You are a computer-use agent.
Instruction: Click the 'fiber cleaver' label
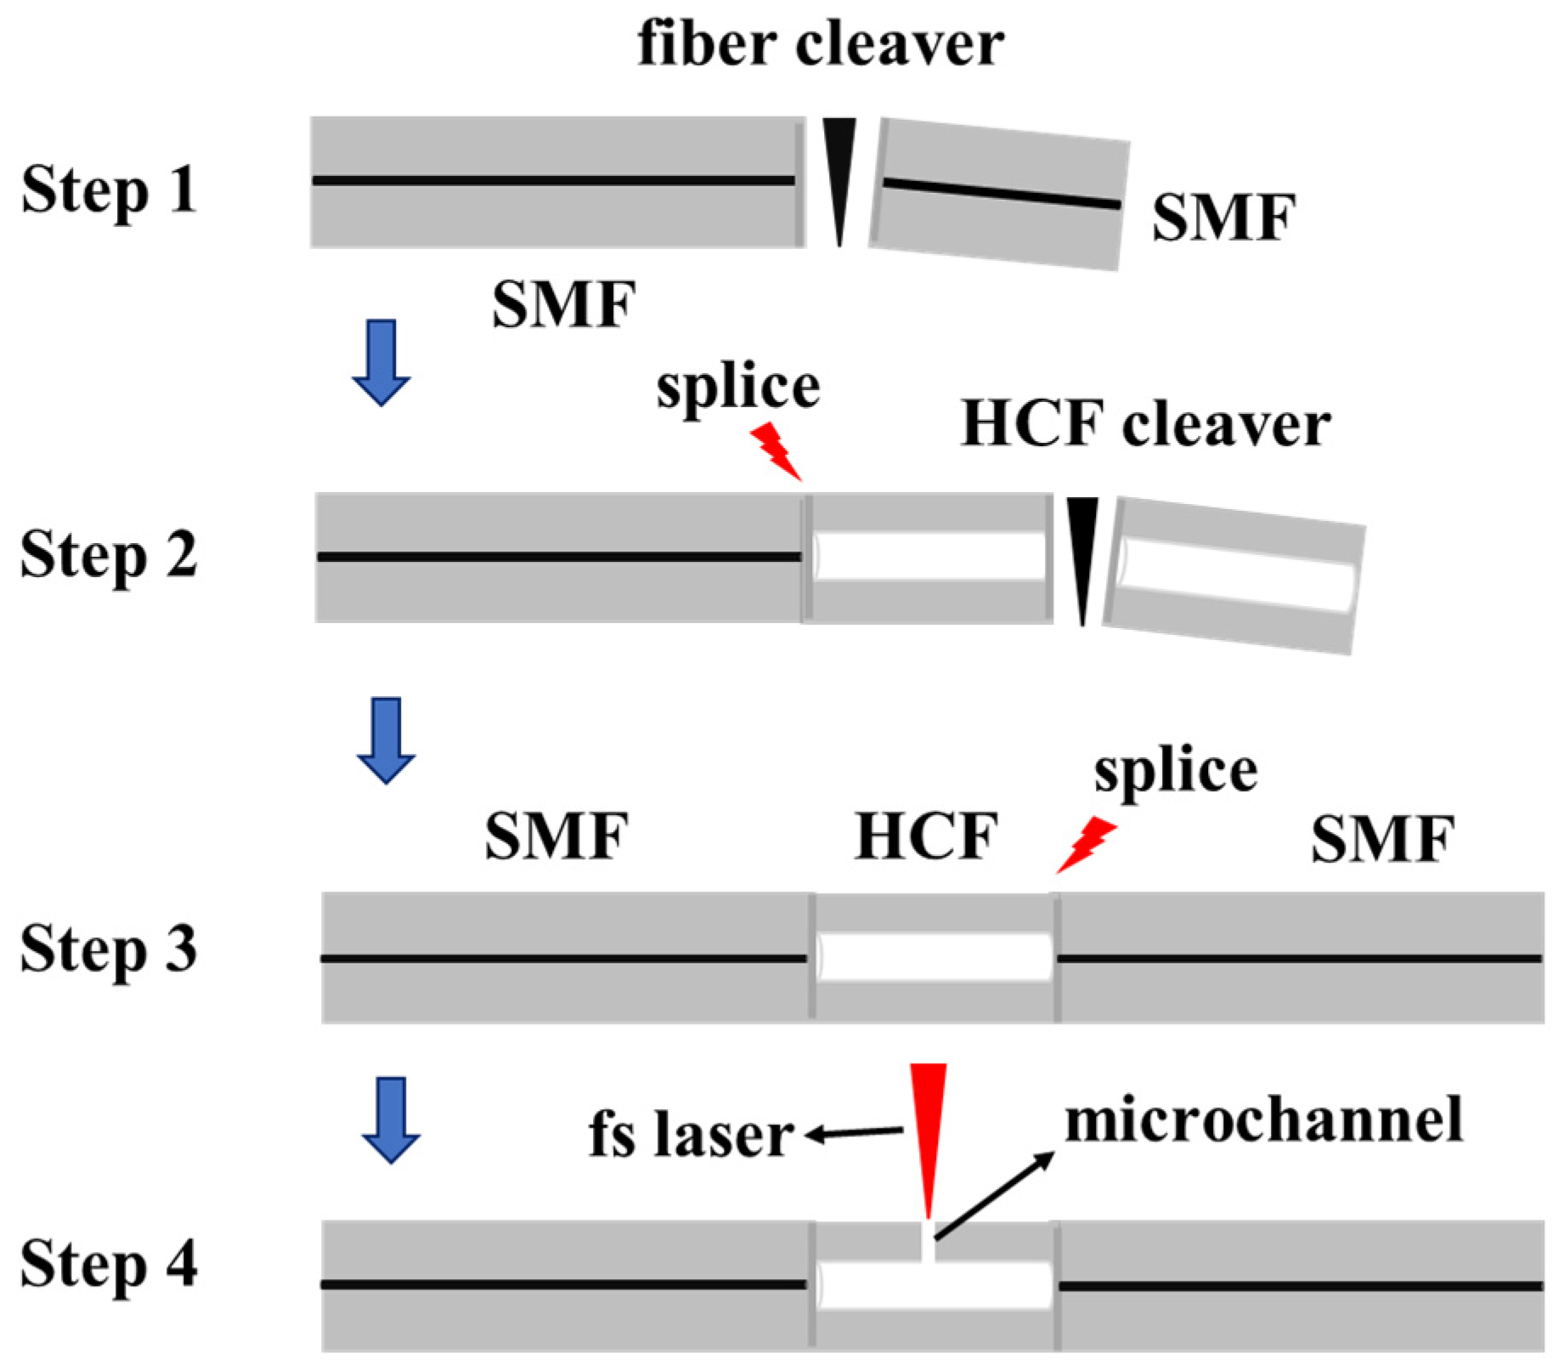pyautogui.click(x=820, y=44)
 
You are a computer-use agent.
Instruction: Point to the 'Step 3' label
pyautogui.click(x=109, y=950)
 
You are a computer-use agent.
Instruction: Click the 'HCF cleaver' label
pyautogui.click(x=1145, y=424)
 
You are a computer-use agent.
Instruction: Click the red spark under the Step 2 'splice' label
pyautogui.click(x=776, y=451)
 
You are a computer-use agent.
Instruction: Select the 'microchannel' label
pyautogui.click(x=1263, y=1121)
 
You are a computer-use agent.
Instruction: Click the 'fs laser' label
pyautogui.click(x=691, y=1136)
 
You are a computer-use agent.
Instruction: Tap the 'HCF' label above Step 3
pyautogui.click(x=926, y=837)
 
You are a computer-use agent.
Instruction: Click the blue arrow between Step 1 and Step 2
pyautogui.click(x=381, y=362)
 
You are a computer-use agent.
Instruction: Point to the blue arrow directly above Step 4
pyautogui.click(x=391, y=1119)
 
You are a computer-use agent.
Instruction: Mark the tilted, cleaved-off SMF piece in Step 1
pyautogui.click(x=999, y=194)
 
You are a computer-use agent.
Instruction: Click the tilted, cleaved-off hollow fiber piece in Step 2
pyautogui.click(x=1234, y=576)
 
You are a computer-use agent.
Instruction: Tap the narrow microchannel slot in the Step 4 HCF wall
pyautogui.click(x=928, y=1241)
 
